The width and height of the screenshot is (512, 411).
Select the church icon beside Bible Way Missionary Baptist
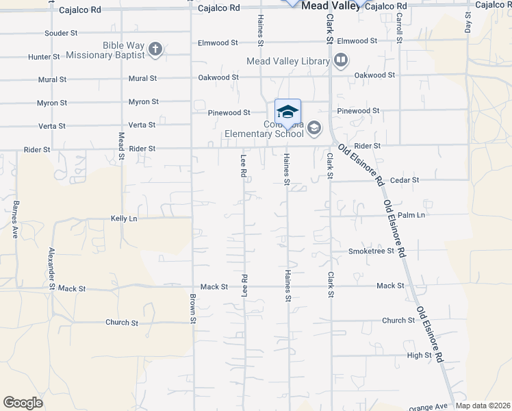click(156, 49)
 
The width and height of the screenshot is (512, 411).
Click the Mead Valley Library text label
click(288, 61)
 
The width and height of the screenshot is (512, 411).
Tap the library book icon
click(340, 61)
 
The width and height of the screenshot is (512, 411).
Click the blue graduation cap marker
click(288, 112)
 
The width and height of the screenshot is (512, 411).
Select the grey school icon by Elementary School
click(314, 127)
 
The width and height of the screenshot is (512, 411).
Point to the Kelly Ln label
click(124, 219)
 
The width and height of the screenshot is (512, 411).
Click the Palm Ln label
click(411, 215)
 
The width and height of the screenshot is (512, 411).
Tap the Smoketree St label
click(372, 251)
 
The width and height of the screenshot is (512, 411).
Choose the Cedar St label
click(404, 180)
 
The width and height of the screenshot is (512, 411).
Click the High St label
click(419, 355)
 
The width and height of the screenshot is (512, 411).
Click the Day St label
click(468, 26)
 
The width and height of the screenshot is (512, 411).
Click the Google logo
click(23, 403)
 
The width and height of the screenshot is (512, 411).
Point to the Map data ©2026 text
click(483, 406)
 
